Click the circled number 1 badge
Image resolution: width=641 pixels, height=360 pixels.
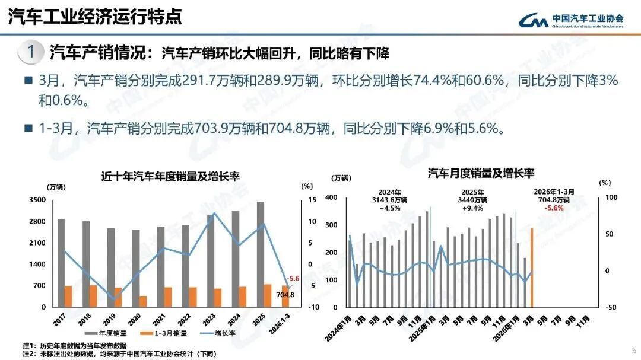click(30, 53)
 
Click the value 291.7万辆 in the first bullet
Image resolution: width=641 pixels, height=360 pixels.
click(215, 81)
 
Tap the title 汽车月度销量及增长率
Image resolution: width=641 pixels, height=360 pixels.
click(481, 173)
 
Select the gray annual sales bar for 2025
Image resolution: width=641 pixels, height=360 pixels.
click(260, 254)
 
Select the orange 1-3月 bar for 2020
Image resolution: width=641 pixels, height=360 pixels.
click(143, 301)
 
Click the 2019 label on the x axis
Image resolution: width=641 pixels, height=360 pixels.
click(109, 324)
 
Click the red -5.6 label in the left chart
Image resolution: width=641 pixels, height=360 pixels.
click(293, 278)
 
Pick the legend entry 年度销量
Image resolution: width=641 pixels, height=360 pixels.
click(109, 333)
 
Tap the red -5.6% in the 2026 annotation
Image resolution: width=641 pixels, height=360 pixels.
click(554, 208)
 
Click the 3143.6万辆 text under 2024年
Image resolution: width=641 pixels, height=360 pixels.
click(389, 200)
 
